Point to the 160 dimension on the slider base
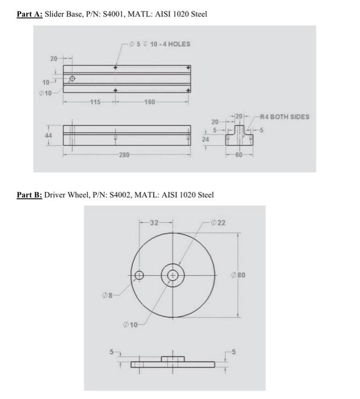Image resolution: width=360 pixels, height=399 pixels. point(150,103)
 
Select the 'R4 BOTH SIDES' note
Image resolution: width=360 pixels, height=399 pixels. point(285,117)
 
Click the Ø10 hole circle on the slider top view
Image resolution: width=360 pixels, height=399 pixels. point(72,79)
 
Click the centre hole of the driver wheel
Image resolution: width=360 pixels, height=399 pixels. point(173,276)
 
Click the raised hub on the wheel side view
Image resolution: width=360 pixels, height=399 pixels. point(173,359)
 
